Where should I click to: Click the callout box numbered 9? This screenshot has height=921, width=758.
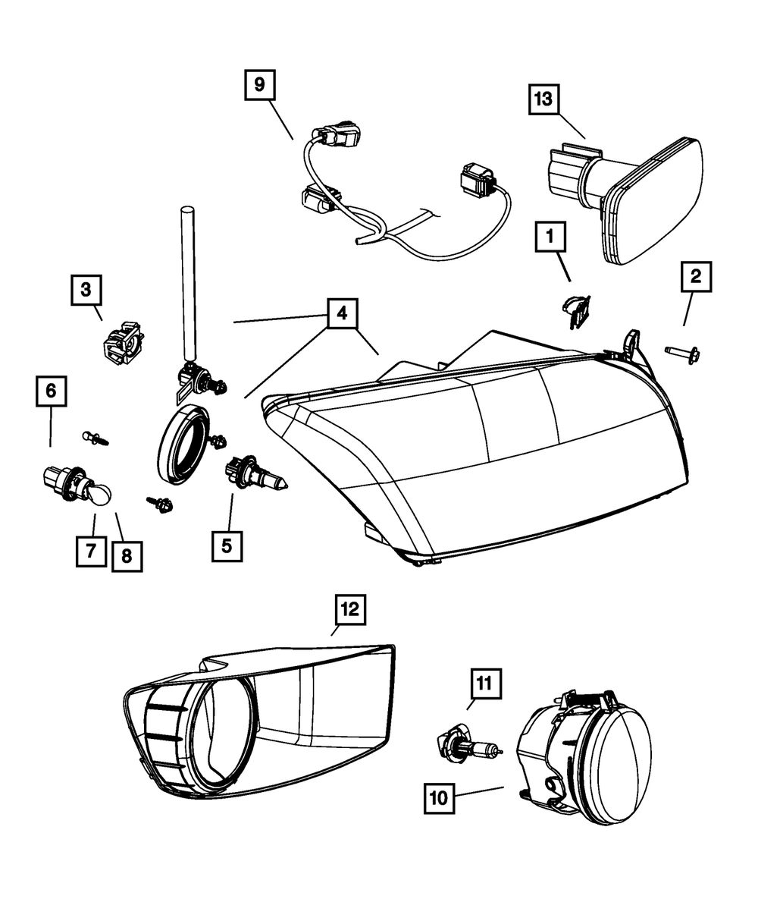pos(259,84)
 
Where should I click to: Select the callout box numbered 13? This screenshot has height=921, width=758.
pos(547,100)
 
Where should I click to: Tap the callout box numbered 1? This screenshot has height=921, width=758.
pos(551,238)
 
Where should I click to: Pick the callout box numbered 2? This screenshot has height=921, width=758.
pos(696,278)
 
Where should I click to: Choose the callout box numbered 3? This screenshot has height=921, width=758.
pos(86,289)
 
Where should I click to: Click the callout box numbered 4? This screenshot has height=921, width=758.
pos(343,313)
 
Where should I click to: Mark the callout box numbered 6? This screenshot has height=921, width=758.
pos(51,392)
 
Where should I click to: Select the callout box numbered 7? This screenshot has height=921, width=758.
pos(91,550)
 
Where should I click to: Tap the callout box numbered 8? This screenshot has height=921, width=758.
pos(126,555)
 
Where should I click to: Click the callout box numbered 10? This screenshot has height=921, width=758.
pos(440,797)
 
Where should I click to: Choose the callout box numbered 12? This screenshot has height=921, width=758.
pos(353,608)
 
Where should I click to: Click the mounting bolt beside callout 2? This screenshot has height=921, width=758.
pos(681,351)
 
